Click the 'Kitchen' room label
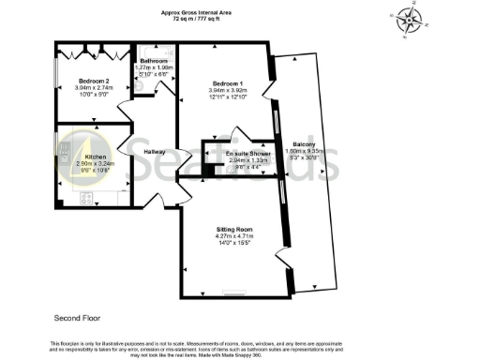point(97,157)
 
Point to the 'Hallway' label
point(156,152)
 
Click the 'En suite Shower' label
point(247,153)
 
